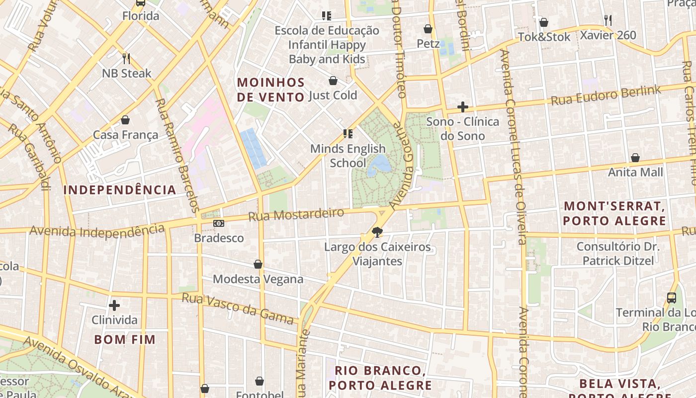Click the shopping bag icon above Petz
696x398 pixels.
pos(428,29)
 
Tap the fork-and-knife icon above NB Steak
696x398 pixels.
pos(126,59)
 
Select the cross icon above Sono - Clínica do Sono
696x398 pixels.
pos(463,107)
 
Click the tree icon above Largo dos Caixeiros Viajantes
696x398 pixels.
pos(377,232)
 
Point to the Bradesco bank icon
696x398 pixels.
pos(219,223)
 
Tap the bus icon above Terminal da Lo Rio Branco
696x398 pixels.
pos(672,298)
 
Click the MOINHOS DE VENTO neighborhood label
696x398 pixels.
pos(270,90)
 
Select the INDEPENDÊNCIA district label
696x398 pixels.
pos(120,190)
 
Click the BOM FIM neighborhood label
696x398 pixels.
pos(125,340)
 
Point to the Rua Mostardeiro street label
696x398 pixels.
pos(296,215)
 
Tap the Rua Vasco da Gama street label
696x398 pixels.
pos(238,308)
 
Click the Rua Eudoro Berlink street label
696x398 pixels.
pos(606,96)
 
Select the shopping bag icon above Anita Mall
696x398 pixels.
pos(635,158)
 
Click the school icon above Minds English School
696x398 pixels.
pos(348,134)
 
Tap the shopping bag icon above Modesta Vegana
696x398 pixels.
pos(258,264)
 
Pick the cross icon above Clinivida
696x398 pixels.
pos(114,305)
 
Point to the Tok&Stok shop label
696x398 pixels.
pos(544,37)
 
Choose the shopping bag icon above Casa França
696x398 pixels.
pos(125,120)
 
